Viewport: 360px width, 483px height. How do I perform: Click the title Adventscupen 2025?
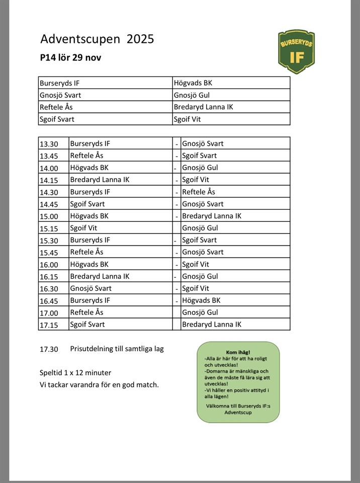click(97, 39)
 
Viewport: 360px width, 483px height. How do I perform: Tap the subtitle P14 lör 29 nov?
click(70, 58)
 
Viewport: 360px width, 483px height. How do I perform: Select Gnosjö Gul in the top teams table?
click(192, 96)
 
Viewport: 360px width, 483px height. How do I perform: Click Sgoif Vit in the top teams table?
click(188, 120)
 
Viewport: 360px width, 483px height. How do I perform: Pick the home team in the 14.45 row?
click(87, 204)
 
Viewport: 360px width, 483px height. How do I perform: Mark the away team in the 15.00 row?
click(211, 216)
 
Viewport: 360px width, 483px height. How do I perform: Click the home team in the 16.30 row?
click(91, 289)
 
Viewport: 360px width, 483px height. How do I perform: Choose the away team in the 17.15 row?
click(211, 325)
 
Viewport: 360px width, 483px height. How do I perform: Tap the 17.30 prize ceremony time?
click(49, 349)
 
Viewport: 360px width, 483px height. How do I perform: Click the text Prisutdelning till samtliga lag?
click(117, 349)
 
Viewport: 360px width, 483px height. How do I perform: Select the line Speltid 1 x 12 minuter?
click(75, 373)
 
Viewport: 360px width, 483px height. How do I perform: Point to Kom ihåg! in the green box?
click(238, 352)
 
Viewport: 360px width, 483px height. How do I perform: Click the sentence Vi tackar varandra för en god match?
click(99, 385)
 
